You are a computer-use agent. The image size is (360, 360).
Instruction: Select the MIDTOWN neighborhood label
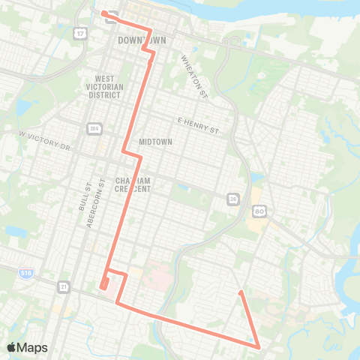click(x=155, y=142)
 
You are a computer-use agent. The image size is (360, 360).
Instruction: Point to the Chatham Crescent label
click(x=133, y=184)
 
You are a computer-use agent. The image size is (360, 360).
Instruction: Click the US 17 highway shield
click(x=79, y=34)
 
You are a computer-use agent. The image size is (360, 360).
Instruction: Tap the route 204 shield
click(x=93, y=128)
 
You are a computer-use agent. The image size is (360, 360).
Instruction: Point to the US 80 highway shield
click(x=259, y=212)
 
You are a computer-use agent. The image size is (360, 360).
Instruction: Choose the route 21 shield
click(x=64, y=286)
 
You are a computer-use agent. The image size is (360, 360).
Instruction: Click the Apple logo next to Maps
click(x=12, y=347)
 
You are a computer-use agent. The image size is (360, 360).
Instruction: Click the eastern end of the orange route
click(x=240, y=292)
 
